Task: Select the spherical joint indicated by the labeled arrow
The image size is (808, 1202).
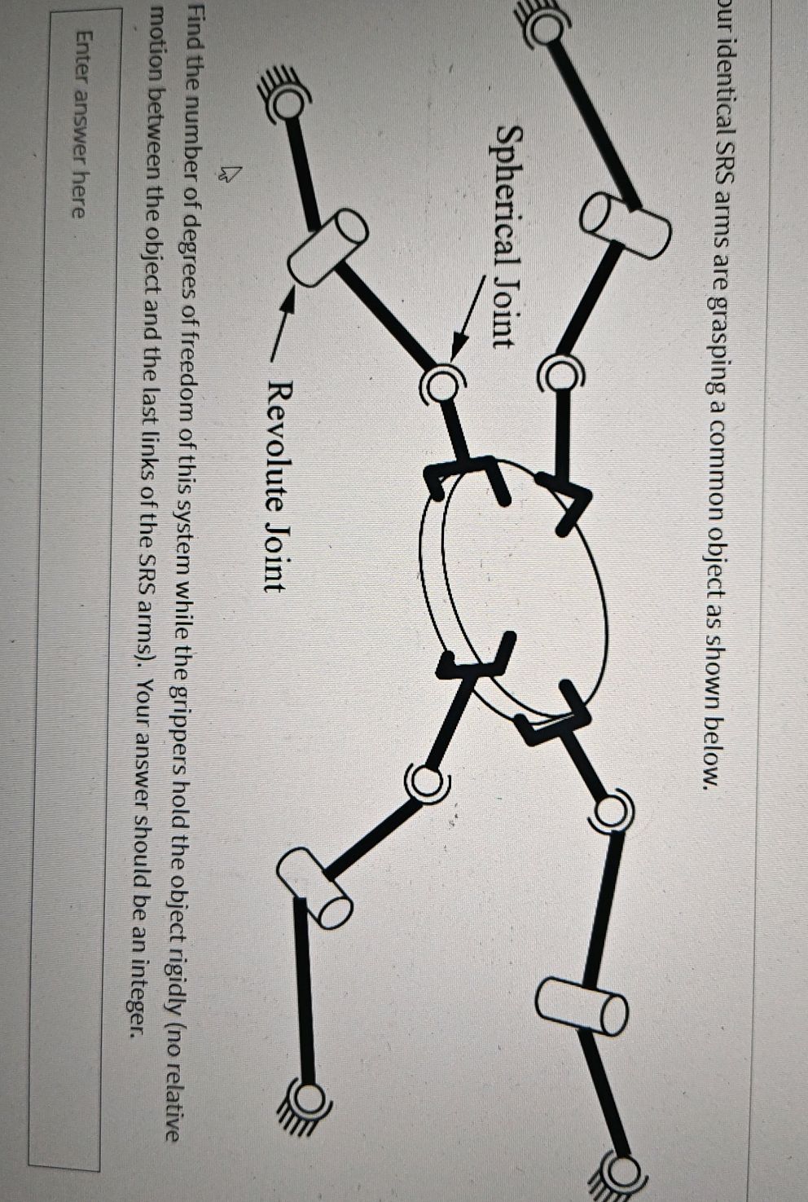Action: [x=442, y=382]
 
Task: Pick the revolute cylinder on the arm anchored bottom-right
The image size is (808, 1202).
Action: [x=582, y=1005]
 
